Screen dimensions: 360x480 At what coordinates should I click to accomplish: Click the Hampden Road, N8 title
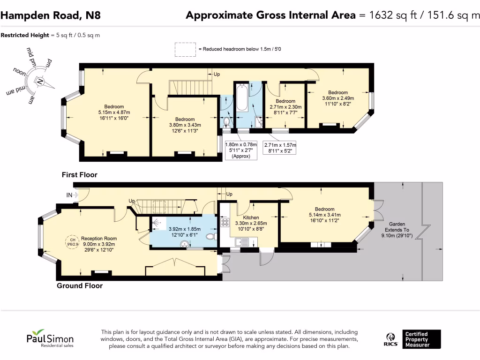50,15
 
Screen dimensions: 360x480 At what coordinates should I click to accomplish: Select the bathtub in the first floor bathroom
242,97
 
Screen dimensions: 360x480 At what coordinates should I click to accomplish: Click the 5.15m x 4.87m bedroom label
114,112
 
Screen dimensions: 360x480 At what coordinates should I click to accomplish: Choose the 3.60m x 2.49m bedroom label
337,98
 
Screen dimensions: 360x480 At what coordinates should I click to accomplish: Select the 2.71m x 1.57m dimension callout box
280,148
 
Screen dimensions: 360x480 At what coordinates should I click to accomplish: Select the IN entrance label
69,195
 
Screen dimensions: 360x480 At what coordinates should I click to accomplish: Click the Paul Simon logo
52,338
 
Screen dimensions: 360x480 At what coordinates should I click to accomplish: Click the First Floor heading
79,175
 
